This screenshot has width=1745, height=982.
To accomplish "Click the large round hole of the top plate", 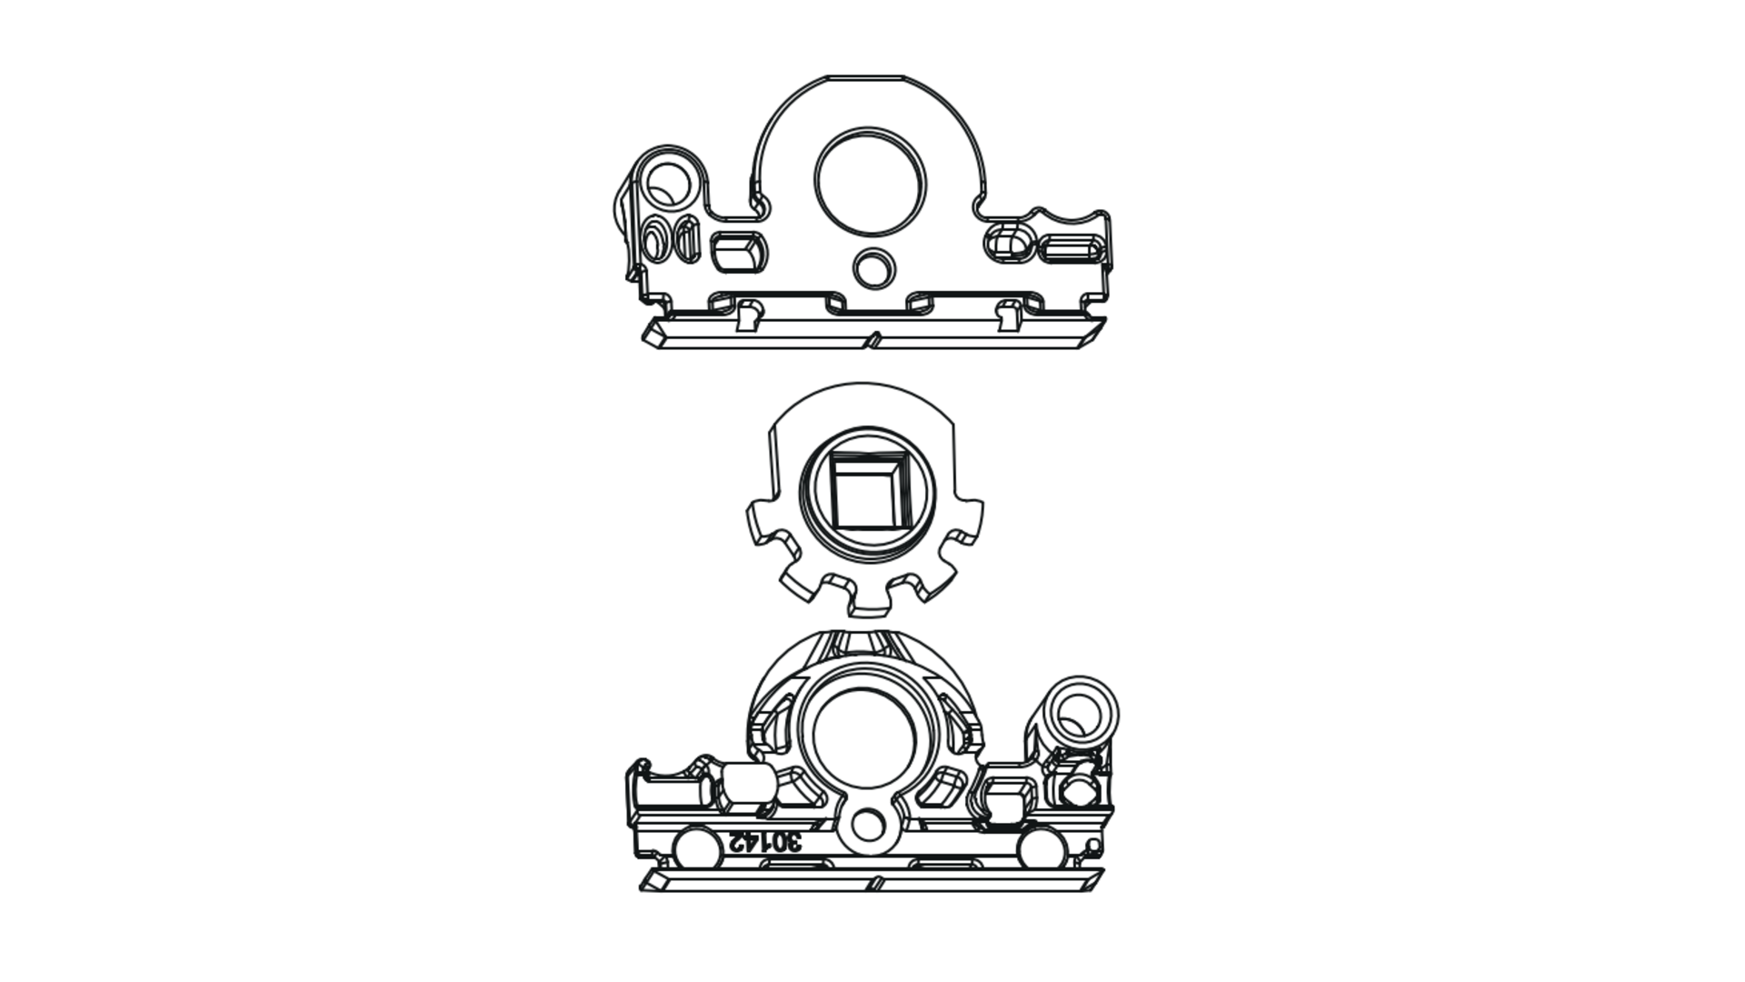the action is [x=870, y=180].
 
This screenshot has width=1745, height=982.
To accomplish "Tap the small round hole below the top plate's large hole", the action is [x=874, y=267].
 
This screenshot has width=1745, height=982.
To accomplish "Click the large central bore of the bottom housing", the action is [x=863, y=737].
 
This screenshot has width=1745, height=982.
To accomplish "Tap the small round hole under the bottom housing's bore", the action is [x=869, y=826].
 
